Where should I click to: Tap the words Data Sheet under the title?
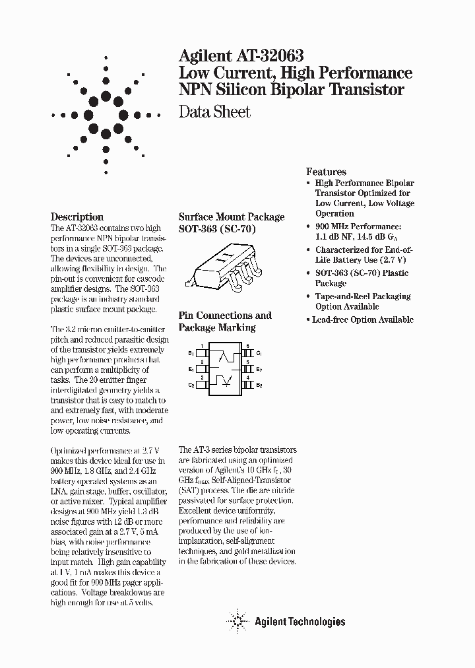[215, 112]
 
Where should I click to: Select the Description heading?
[77, 217]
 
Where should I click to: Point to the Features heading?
[326, 172]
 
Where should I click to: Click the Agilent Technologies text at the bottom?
[300, 621]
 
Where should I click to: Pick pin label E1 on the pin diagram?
[191, 369]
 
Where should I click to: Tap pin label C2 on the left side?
[191, 384]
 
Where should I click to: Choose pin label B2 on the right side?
[259, 384]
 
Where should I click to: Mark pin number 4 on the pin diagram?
[247, 378]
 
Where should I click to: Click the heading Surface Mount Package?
[232, 217]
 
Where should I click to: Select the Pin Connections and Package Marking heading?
[225, 321]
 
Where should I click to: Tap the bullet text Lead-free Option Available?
[364, 319]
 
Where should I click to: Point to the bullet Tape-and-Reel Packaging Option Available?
[362, 302]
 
